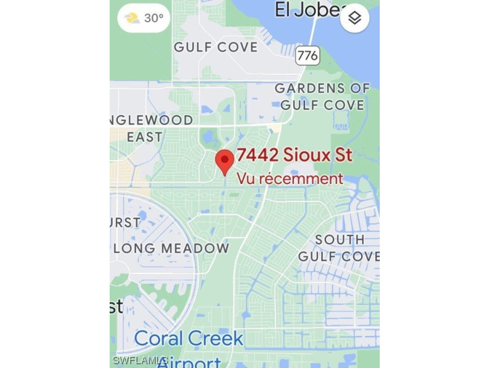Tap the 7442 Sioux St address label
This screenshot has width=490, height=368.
pyautogui.click(x=295, y=155)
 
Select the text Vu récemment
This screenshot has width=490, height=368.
pyautogui.click(x=290, y=179)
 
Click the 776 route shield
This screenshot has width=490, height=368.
pyautogui.click(x=307, y=55)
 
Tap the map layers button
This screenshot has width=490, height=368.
pyautogui.click(x=355, y=19)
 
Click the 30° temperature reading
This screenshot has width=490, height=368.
pyautogui.click(x=154, y=18)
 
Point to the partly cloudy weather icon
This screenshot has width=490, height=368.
pyautogui.click(x=132, y=18)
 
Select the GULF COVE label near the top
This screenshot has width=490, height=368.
pyautogui.click(x=216, y=47)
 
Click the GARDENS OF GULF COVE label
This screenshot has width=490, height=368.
pyautogui.click(x=323, y=97)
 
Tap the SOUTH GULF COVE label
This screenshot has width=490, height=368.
pyautogui.click(x=339, y=248)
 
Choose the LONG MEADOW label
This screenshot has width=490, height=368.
pyautogui.click(x=171, y=248)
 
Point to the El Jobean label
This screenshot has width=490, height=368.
pyautogui.click(x=306, y=10)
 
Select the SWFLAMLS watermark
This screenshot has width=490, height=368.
pyautogui.click(x=141, y=360)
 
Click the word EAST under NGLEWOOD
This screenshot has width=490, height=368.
pyautogui.click(x=145, y=137)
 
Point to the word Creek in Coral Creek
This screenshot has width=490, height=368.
pyautogui.click(x=215, y=338)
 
